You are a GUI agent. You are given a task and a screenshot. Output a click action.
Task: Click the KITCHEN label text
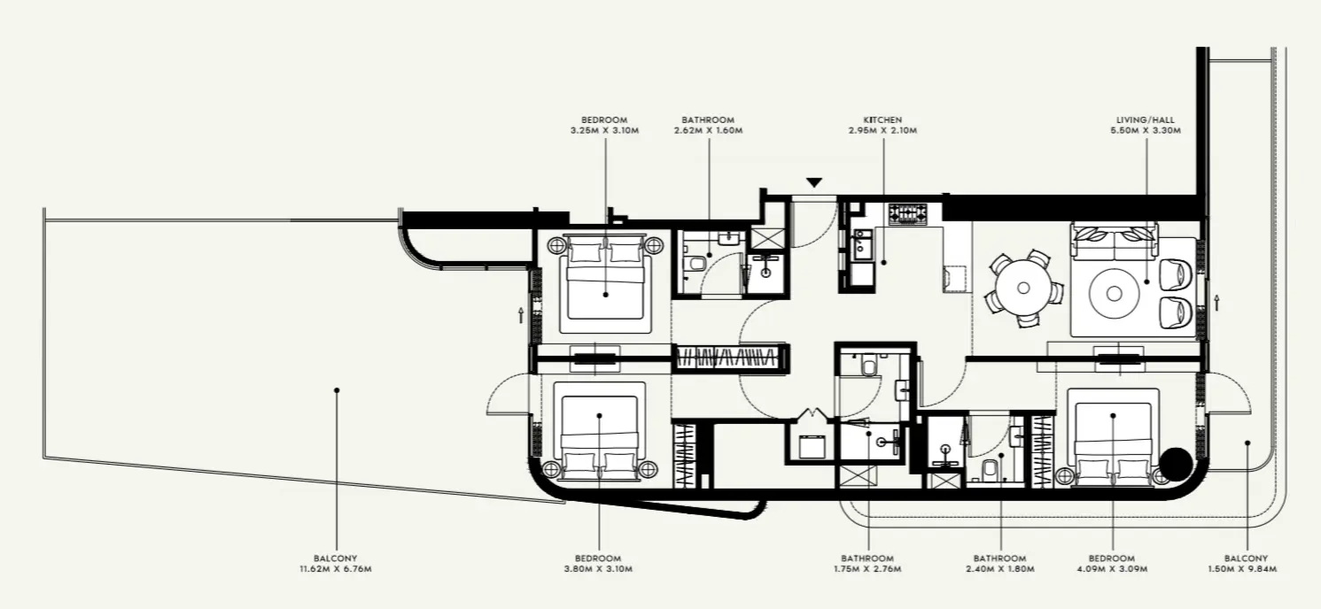[x=882, y=119]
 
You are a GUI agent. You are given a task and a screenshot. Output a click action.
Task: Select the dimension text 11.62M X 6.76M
[x=335, y=569]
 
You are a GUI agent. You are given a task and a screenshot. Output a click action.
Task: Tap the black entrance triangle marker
[x=814, y=183]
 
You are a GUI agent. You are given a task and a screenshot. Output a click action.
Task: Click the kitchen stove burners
[x=907, y=212]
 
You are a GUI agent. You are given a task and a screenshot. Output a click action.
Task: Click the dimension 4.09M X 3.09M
[x=1112, y=569]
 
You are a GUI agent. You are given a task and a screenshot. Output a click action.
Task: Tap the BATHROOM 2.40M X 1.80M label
[x=999, y=564]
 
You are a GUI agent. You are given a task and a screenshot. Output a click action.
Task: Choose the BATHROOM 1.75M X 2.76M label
[x=867, y=564]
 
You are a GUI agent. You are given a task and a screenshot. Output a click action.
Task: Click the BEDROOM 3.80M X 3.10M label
[x=599, y=564]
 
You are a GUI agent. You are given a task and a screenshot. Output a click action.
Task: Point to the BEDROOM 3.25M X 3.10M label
[x=604, y=125]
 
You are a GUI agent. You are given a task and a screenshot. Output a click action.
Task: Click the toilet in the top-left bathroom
[x=696, y=263]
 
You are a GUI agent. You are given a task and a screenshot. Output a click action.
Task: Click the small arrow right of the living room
[x=1218, y=303]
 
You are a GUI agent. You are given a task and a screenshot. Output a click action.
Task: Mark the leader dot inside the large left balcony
[x=336, y=389]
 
